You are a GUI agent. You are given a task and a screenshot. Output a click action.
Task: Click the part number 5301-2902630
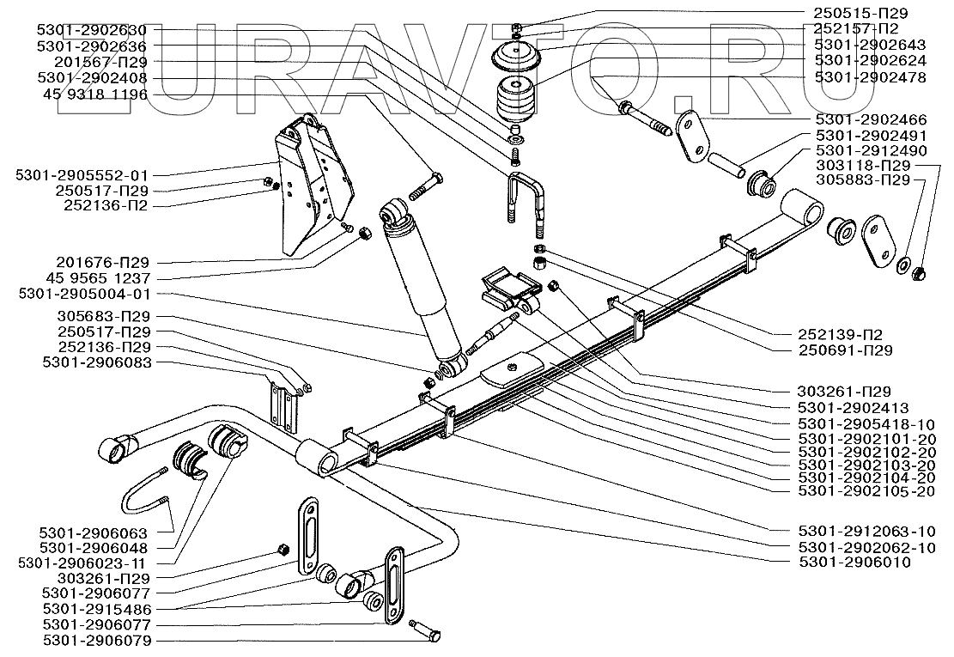point(92,29)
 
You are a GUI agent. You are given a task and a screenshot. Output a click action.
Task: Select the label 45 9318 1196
point(92,94)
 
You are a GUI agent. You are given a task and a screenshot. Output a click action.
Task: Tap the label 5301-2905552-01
point(82,174)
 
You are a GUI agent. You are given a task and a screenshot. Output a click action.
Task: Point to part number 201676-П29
point(92,262)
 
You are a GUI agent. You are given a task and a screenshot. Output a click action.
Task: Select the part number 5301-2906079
point(92,640)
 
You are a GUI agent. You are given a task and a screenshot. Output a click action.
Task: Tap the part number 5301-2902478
point(871,77)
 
